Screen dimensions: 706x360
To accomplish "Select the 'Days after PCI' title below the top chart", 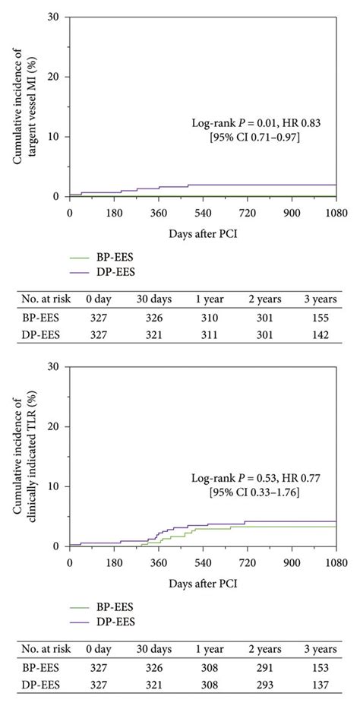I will click(x=203, y=232).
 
